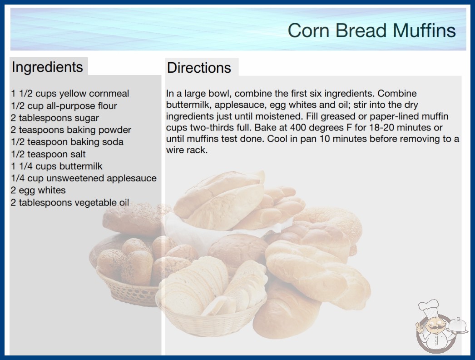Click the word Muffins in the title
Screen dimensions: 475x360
click(x=424, y=30)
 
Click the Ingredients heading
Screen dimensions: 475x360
click(x=47, y=67)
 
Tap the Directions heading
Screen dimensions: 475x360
click(x=199, y=68)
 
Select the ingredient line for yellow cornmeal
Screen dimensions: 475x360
click(x=70, y=94)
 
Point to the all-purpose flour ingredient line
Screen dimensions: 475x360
click(x=64, y=106)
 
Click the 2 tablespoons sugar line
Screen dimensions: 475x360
click(x=55, y=118)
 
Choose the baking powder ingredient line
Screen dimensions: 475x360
click(x=71, y=130)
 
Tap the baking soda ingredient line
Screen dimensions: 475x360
click(x=67, y=142)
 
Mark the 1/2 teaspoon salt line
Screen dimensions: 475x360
click(x=48, y=154)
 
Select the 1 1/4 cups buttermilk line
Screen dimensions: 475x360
click(x=57, y=166)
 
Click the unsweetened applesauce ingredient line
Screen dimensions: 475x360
click(x=84, y=178)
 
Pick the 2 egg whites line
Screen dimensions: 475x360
click(x=38, y=190)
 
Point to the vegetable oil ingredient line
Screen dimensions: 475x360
click(x=70, y=202)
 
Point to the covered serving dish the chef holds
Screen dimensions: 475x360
click(x=457, y=326)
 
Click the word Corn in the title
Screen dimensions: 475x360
click(x=308, y=30)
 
